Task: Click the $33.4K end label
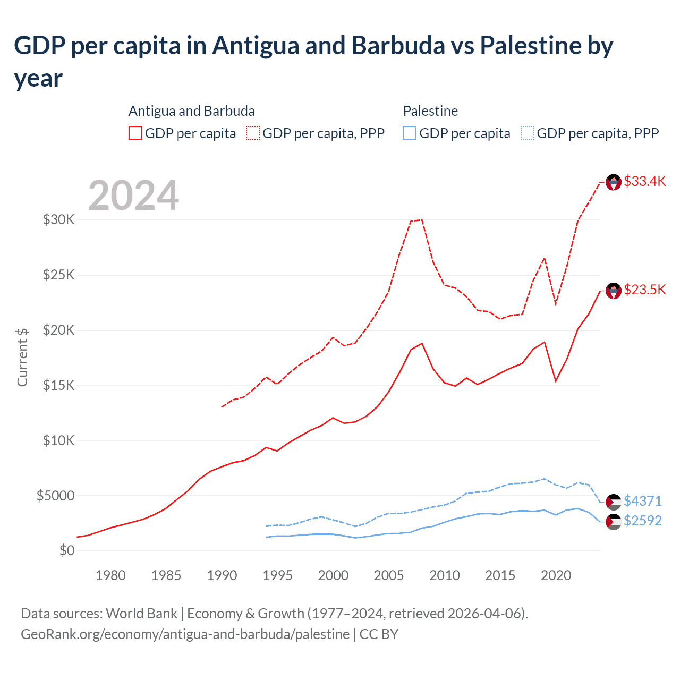pyautogui.click(x=644, y=181)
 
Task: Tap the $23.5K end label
pyautogui.click(x=644, y=290)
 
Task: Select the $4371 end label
pyautogui.click(x=642, y=501)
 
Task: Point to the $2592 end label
pyautogui.click(x=642, y=521)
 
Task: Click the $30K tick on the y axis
pyautogui.click(x=59, y=219)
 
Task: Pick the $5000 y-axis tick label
pyautogui.click(x=56, y=496)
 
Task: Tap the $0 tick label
pyautogui.click(x=67, y=550)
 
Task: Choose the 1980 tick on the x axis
pyautogui.click(x=110, y=575)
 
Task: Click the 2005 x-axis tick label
pyautogui.click(x=389, y=575)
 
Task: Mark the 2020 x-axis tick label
pyautogui.click(x=556, y=575)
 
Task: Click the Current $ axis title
pyautogui.click(x=22, y=357)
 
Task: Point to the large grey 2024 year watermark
pyautogui.click(x=133, y=195)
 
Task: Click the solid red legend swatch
pyautogui.click(x=135, y=133)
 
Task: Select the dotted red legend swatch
pyautogui.click(x=253, y=133)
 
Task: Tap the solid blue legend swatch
pyautogui.click(x=410, y=133)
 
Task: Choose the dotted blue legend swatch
pyautogui.click(x=528, y=133)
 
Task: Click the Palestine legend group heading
pyautogui.click(x=430, y=111)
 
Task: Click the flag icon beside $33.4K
pyautogui.click(x=614, y=182)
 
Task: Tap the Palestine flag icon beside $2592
pyautogui.click(x=614, y=522)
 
